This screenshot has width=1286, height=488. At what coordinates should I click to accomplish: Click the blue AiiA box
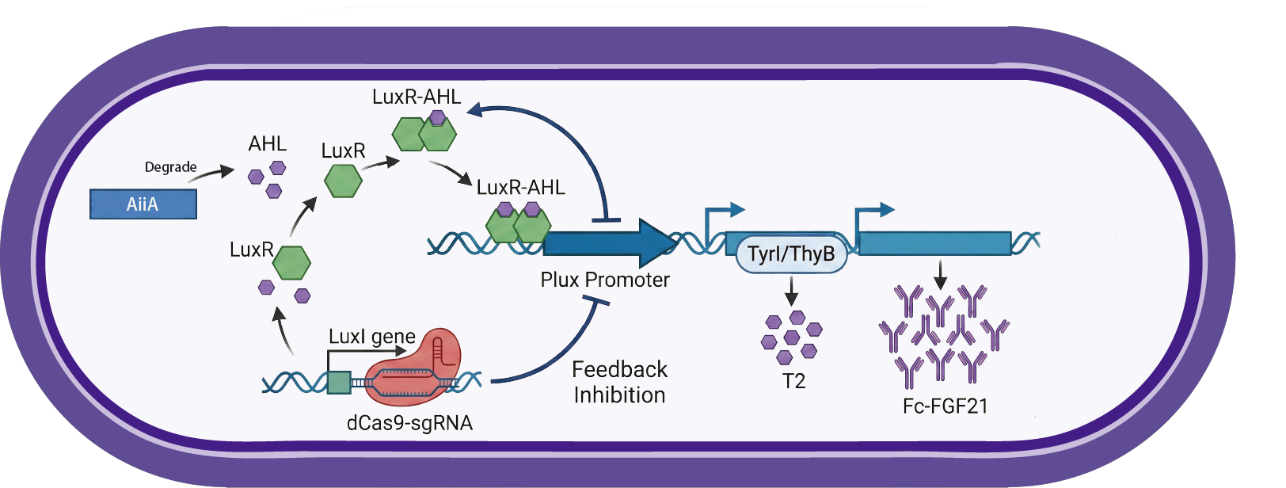tap(143, 204)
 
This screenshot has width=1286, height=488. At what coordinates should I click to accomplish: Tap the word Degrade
tap(170, 167)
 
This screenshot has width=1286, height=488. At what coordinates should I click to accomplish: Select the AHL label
tap(267, 144)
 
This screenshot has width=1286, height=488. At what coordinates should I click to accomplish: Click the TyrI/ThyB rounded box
tap(791, 254)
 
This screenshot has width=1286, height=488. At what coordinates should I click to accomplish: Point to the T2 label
tap(793, 381)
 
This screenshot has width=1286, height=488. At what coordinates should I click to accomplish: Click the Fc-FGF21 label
tap(945, 406)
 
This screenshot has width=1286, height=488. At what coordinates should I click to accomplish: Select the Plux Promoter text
tap(605, 280)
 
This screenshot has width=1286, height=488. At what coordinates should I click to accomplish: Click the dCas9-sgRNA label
tap(409, 423)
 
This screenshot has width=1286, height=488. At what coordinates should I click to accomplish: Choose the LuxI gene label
tap(372, 337)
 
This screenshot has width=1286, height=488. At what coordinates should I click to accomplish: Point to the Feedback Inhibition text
tap(619, 382)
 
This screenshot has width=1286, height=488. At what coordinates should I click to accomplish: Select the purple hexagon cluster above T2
tap(791, 337)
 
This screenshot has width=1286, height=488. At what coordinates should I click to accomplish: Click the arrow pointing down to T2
tap(790, 291)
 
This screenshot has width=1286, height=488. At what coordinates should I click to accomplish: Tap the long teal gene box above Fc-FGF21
tap(934, 243)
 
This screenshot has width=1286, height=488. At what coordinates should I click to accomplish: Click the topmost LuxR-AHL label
tap(417, 97)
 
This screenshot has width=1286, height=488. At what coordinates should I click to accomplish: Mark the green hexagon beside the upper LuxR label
tap(343, 181)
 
